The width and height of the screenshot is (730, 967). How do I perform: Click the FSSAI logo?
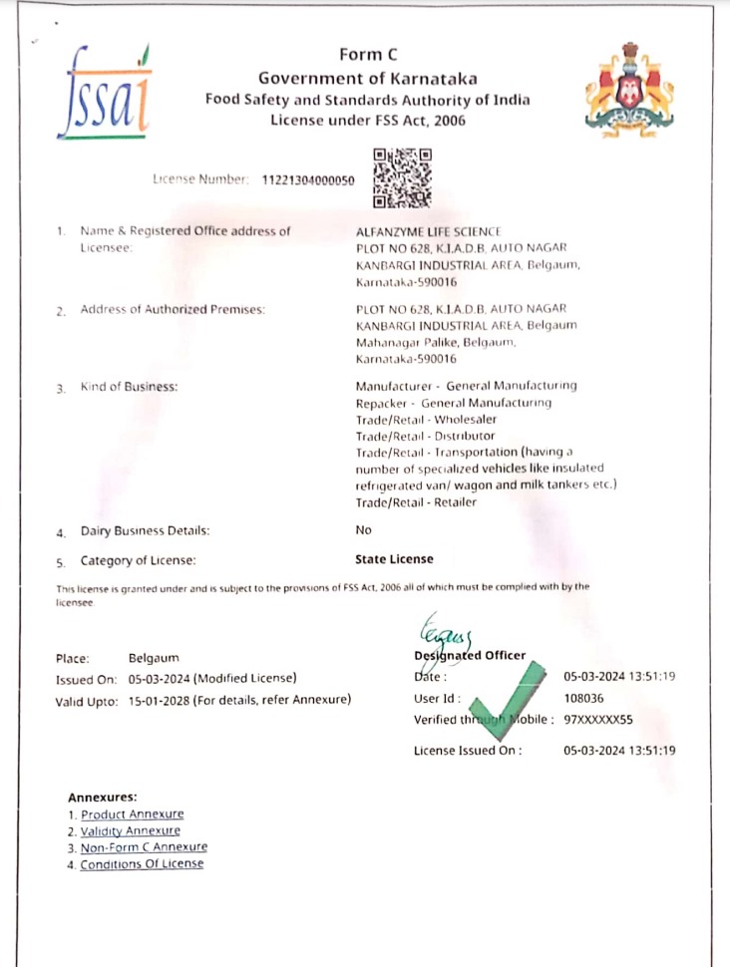point(104,91)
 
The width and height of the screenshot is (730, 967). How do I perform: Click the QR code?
point(402,177)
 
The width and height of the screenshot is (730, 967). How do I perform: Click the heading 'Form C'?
point(368,56)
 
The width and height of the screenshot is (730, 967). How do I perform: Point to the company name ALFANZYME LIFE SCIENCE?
point(429,231)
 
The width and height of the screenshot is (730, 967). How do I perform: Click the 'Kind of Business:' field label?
point(129,386)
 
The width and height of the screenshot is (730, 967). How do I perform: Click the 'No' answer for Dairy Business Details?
point(363,530)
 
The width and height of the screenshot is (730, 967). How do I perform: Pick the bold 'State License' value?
point(394,559)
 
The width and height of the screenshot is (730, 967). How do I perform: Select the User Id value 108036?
point(583,699)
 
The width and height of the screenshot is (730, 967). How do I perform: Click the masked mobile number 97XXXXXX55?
point(598,720)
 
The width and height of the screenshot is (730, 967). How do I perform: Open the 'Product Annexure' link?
point(133,814)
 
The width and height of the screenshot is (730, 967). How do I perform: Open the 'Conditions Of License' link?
point(142,864)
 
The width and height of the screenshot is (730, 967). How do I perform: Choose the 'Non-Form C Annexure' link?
point(144,847)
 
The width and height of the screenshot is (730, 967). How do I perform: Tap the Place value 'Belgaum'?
point(155,658)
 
